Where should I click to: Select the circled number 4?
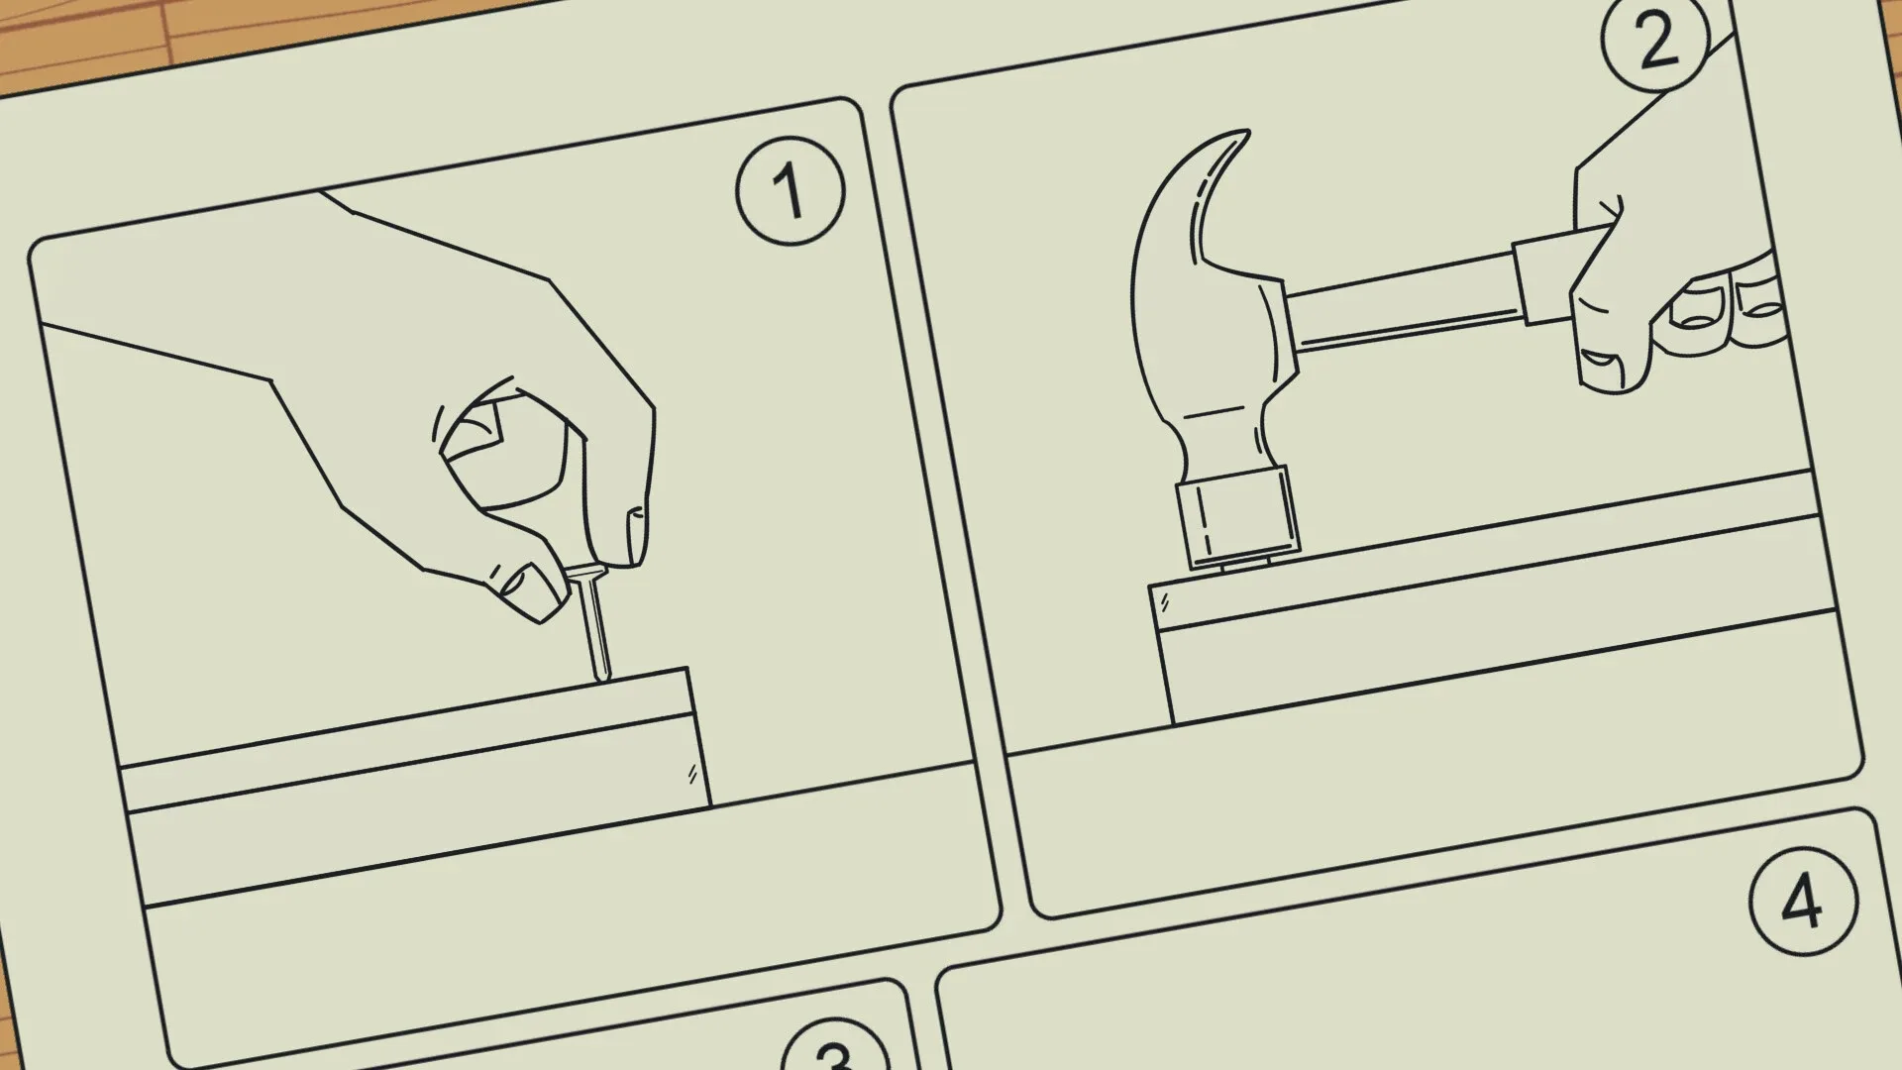coord(1801,902)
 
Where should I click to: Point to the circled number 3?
coord(834,1052)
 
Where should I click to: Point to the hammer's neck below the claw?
coord(1223,436)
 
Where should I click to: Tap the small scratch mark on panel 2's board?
coord(1165,600)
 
